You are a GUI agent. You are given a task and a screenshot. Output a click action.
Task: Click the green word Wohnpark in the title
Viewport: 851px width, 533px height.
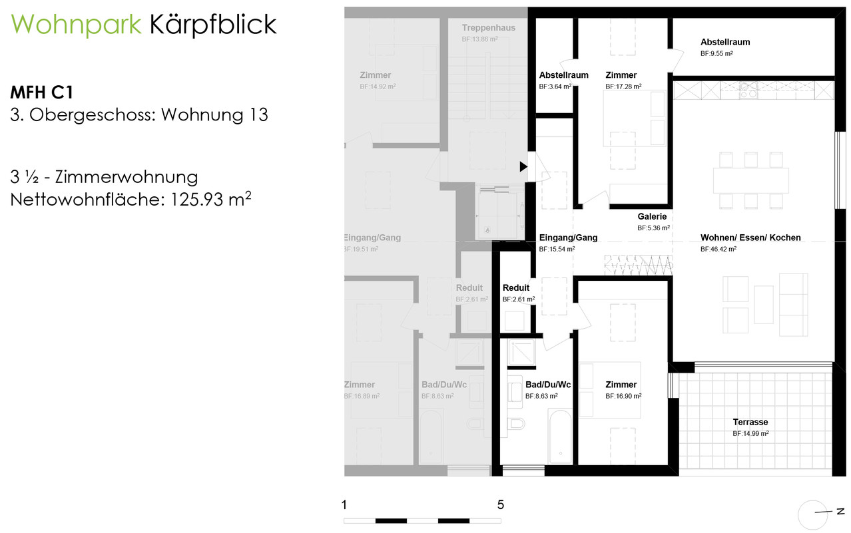pos(76,25)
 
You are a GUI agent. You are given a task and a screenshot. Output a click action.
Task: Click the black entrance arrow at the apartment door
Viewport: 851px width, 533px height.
pos(523,166)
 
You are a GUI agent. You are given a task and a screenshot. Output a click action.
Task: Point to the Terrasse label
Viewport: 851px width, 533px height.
pos(750,422)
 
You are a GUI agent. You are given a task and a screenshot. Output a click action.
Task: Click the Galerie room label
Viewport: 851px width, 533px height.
pos(652,216)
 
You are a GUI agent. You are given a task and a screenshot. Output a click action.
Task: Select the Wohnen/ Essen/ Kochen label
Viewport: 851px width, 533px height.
pos(750,238)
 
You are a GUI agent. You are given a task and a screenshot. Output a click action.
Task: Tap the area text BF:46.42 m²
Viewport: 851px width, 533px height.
pos(718,250)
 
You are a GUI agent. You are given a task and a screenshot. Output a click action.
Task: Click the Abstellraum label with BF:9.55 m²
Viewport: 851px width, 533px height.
pos(725,42)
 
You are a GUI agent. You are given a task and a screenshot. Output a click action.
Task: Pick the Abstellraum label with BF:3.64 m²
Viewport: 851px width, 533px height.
pos(563,75)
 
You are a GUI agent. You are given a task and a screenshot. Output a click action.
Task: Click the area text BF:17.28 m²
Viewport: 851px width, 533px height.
pos(623,87)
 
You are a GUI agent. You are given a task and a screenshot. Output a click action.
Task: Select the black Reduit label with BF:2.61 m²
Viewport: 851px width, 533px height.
pos(516,288)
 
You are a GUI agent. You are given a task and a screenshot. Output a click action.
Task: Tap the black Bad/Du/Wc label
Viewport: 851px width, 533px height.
pos(548,385)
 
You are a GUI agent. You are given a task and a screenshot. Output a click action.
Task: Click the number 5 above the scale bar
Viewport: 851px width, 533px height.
pos(500,504)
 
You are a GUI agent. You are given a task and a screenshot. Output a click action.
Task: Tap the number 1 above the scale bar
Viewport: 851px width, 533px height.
pos(344,504)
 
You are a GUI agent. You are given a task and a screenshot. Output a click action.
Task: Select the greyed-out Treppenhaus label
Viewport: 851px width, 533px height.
pos(488,28)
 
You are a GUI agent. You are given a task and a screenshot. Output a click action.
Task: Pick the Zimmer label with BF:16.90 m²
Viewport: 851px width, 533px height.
pos(621,385)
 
